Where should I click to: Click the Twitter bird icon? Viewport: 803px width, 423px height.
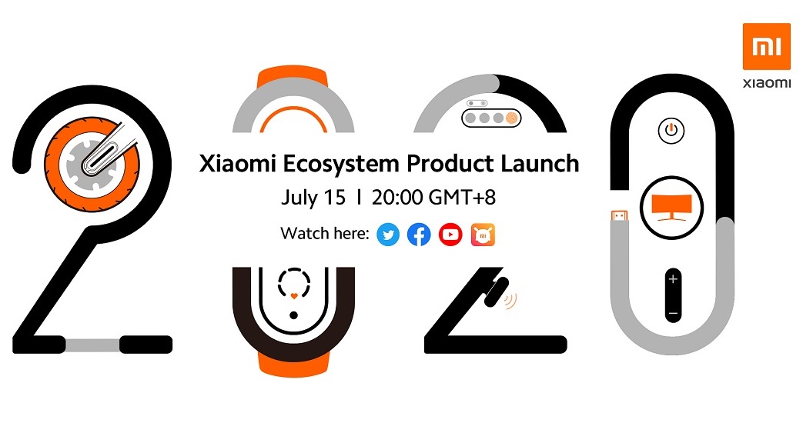388,235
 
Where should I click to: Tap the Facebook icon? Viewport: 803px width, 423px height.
419,235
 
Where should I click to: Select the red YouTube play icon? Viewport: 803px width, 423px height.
450,235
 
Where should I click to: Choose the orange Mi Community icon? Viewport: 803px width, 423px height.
483,235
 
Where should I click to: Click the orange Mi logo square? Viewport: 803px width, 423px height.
767,47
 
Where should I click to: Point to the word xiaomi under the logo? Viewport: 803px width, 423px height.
767,83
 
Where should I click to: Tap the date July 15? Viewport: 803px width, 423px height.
313,198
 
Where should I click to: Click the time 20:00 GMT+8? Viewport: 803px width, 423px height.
433,198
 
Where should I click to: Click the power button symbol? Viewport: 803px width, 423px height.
671,130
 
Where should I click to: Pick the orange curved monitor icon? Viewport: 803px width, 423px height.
671,208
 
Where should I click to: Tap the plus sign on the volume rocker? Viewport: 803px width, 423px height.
673,279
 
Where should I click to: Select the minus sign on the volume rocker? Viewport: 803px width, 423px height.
673,313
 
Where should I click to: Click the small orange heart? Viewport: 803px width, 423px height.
293,296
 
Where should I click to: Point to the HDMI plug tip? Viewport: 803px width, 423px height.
619,216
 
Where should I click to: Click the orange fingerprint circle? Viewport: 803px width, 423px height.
512,118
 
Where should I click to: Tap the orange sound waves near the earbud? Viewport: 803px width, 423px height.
510,301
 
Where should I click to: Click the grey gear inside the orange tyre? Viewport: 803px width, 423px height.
92,163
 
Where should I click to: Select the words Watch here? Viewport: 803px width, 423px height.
325,234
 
